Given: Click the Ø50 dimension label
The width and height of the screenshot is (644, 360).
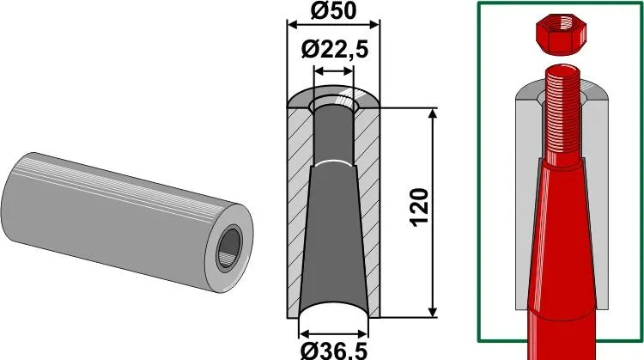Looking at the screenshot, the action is [x=333, y=10].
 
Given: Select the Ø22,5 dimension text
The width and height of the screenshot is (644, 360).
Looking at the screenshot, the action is [x=334, y=50].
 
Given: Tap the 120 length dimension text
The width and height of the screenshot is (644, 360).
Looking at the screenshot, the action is [x=420, y=207].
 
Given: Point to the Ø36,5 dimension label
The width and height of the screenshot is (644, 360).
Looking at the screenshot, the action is [x=333, y=351].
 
